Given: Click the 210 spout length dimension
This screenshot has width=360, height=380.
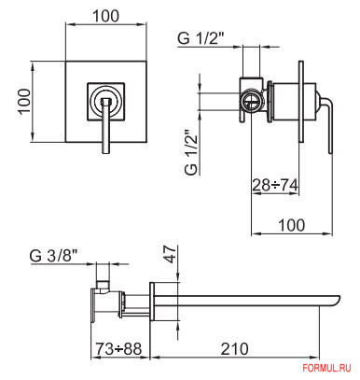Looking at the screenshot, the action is click(x=234, y=349).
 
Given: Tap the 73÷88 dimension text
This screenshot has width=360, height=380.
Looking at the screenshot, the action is click(x=118, y=349).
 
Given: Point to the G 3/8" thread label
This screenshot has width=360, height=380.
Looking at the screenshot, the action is click(x=53, y=256).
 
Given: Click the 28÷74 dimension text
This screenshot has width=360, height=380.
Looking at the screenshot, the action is click(x=275, y=185).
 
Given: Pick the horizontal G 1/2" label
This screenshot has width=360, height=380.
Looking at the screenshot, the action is click(x=201, y=39).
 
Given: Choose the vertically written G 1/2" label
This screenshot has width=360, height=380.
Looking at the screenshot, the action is click(x=191, y=152).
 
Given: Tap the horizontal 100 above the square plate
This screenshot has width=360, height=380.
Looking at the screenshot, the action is click(x=105, y=16).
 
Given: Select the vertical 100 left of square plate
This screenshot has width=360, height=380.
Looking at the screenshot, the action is click(x=23, y=102).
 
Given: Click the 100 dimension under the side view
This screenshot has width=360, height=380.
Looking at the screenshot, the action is click(x=291, y=225).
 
